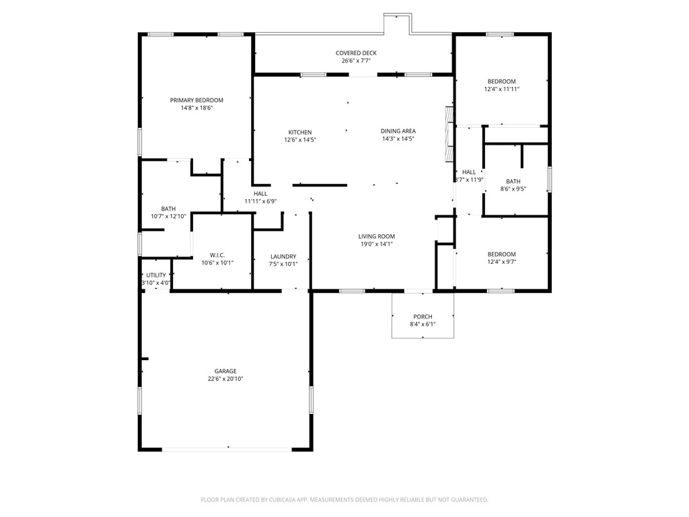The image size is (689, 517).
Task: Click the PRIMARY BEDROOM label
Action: coord(196,100)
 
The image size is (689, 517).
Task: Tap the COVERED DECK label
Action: coord(356,53)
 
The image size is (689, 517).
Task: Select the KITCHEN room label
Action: coord(300,132)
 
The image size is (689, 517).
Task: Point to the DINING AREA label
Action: coord(398,131)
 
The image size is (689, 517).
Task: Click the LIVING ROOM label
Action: coord(376,236)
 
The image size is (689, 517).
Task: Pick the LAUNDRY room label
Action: coord(283,256)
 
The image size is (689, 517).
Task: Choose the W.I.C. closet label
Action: coord(217,255)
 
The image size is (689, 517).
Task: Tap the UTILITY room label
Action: coord(156,275)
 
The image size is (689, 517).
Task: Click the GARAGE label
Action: coord(225,371)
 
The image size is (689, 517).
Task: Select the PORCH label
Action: coord(423,316)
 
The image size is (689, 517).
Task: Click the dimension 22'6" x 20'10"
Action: coord(225,379)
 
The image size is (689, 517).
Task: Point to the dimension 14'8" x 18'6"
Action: coord(196,108)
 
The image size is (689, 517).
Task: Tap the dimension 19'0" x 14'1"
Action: coord(376,244)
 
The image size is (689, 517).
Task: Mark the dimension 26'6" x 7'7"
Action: coord(356,61)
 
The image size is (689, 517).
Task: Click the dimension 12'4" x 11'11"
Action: coord(502,89)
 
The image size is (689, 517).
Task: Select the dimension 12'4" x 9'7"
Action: coord(502,262)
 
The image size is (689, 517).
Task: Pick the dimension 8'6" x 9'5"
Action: coord(513,189)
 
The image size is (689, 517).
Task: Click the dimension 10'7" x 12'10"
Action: coord(168,216)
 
